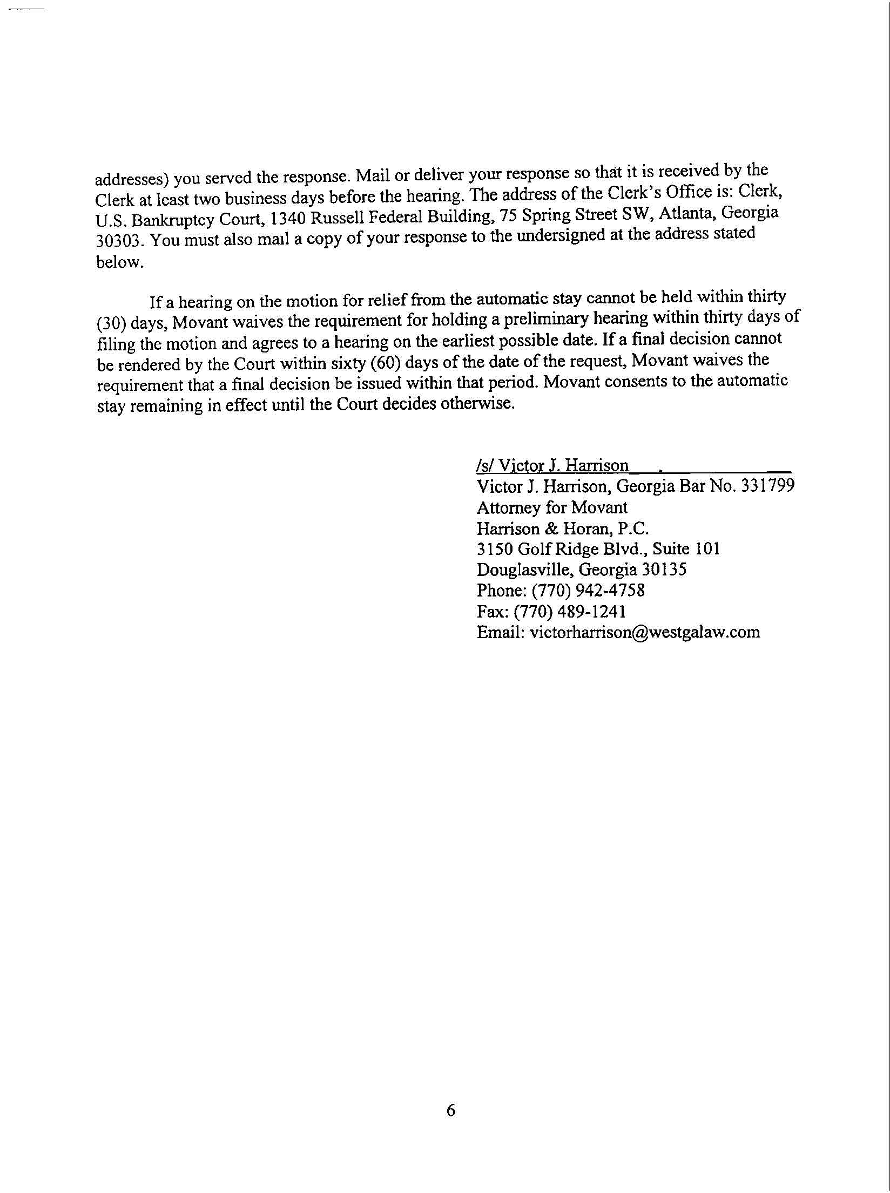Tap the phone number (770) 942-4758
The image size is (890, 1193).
(588, 590)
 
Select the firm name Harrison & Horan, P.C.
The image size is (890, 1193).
(563, 528)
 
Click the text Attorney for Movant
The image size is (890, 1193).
(552, 507)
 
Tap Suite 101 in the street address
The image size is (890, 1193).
(686, 549)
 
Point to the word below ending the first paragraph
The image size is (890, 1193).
(119, 262)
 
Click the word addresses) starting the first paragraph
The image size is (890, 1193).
(132, 179)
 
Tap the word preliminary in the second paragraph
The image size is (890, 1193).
(544, 318)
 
